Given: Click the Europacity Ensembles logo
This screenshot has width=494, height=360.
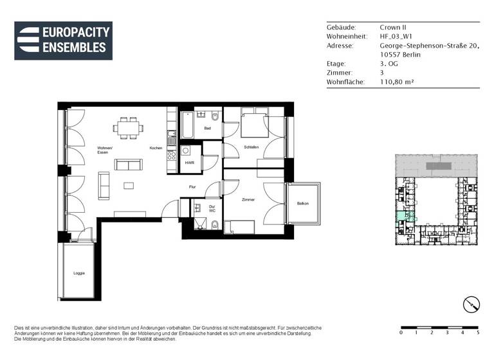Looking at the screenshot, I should click(63, 40).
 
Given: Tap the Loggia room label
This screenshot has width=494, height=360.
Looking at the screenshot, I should click(78, 273).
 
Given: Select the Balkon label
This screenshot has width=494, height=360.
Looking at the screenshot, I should click(302, 204).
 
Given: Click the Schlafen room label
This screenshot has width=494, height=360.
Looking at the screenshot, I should click(251, 147).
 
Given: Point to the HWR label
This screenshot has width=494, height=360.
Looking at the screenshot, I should click(189, 163).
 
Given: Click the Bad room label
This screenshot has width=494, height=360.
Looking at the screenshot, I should click(207, 129).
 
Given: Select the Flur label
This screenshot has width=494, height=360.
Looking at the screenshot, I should click(192, 187).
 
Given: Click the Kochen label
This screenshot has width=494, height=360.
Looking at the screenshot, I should click(156, 148).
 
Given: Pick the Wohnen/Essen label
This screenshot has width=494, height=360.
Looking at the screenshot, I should click(105, 150).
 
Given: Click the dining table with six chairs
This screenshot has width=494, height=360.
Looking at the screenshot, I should click(128, 127).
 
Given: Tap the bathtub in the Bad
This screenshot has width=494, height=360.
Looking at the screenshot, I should click(187, 125).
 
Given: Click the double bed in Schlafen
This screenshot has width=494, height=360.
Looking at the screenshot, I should click(252, 125).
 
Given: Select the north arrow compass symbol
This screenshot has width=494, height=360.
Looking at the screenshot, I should click(471, 304).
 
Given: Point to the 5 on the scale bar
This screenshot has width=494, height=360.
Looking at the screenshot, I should click(478, 333).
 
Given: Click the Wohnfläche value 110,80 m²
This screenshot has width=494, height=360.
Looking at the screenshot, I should click(398, 82).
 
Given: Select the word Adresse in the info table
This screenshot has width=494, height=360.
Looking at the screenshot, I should click(340, 46).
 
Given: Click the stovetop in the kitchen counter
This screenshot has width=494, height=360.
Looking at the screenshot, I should click(172, 155).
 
